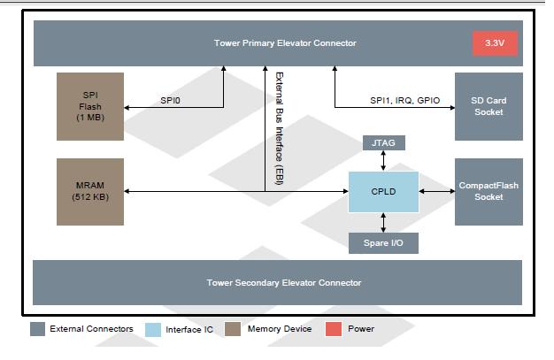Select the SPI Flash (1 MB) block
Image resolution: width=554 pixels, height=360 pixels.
coord(90,106)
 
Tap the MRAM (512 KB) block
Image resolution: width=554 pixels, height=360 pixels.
coord(90,190)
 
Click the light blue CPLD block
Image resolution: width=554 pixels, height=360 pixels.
coord(382,191)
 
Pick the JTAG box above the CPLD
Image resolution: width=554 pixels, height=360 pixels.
coord(382,142)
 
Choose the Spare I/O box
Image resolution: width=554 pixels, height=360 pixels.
coord(382,241)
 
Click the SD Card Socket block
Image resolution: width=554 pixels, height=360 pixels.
coord(488,106)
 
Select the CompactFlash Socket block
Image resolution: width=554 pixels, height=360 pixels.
coord(488,191)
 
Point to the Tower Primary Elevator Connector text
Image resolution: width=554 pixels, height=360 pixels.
coord(273,42)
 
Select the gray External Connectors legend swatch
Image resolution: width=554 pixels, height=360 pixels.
coord(37,329)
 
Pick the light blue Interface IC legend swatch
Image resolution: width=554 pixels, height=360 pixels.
coord(151,329)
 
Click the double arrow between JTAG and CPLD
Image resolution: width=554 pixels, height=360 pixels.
coord(382,161)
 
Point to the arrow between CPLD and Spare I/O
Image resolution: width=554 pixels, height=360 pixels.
coord(382,222)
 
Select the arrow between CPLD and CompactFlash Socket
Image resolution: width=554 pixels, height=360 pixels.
coord(435,191)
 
